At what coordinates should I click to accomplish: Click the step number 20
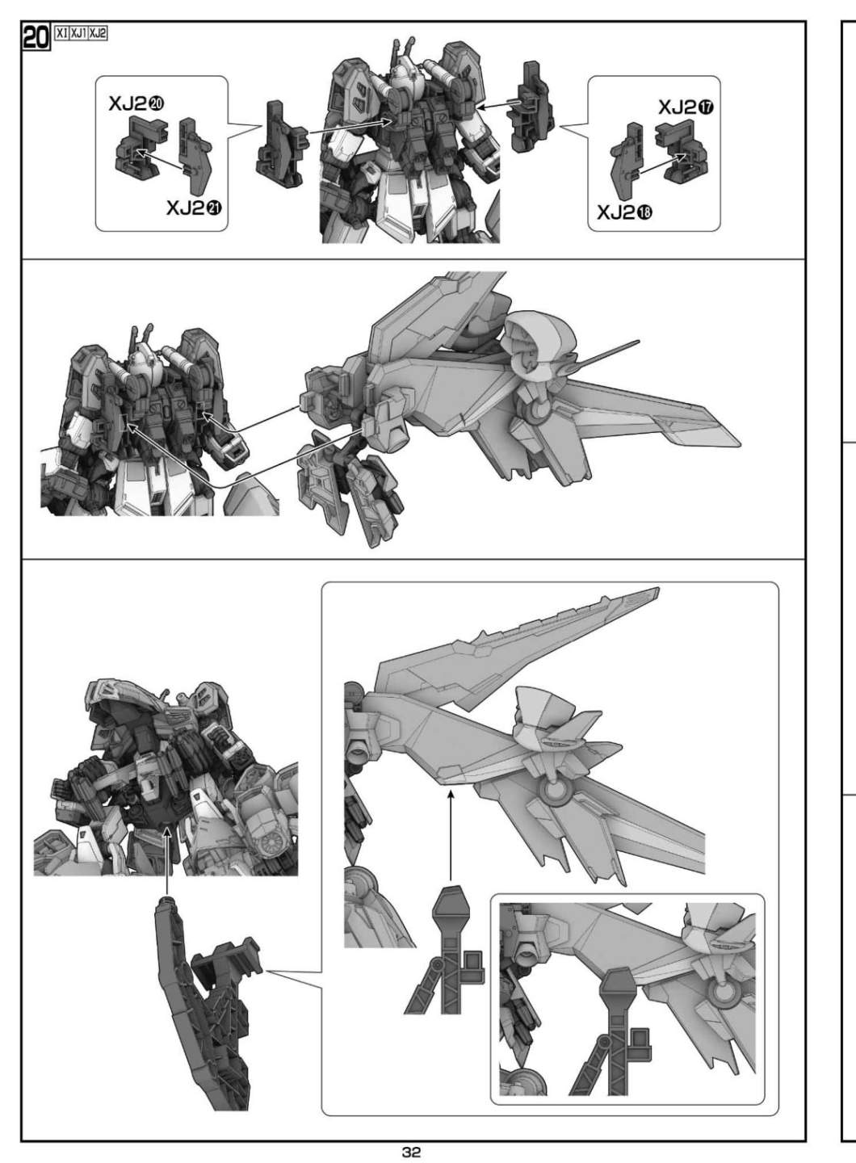[x=36, y=37]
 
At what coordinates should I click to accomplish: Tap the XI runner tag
[x=61, y=33]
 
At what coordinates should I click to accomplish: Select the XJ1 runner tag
[x=78, y=33]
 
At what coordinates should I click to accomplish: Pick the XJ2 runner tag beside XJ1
[x=98, y=33]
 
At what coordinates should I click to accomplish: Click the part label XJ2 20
[x=136, y=104]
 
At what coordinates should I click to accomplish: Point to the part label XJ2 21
[x=194, y=208]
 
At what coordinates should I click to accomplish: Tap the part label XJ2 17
[x=686, y=107]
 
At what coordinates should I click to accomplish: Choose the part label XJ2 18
[x=625, y=212]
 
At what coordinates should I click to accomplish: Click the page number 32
[x=412, y=1152]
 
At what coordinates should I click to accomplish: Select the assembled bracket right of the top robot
[x=532, y=107]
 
